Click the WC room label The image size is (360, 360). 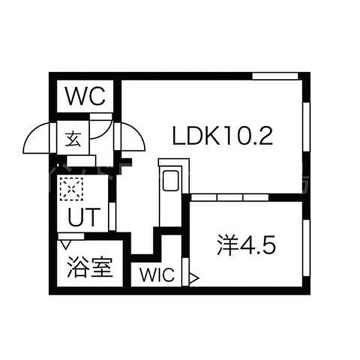click(x=85, y=96)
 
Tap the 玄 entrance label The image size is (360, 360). click(x=73, y=138)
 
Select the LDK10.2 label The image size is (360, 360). click(x=222, y=137)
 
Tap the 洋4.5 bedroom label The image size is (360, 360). click(x=246, y=247)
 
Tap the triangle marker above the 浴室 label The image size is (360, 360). click(x=65, y=238)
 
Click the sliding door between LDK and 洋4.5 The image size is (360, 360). click(x=230, y=196)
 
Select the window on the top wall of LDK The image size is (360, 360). click(x=276, y=76)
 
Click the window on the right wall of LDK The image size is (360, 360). click(x=306, y=129)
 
